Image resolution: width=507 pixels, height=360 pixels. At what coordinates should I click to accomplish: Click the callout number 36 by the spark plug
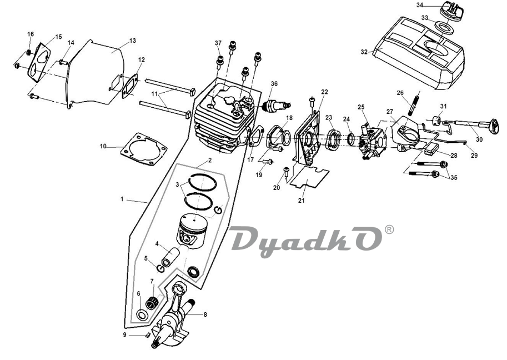click(x=274, y=84)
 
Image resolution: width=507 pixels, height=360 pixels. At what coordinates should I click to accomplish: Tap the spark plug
click(x=277, y=106)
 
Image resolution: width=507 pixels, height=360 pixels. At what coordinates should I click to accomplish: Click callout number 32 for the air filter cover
click(x=364, y=52)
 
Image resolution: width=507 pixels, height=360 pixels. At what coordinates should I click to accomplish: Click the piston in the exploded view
click(x=192, y=232)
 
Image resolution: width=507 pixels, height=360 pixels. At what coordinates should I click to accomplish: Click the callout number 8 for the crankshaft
click(x=205, y=314)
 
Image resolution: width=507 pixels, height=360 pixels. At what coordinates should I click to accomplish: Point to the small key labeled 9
click(x=147, y=335)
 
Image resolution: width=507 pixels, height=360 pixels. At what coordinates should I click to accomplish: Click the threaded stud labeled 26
click(x=414, y=103)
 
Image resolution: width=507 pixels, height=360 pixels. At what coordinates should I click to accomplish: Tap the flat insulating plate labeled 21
click(x=309, y=177)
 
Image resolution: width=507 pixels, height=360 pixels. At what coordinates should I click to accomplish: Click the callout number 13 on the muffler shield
click(x=133, y=41)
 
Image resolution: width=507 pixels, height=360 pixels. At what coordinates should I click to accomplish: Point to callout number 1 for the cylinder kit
click(x=122, y=199)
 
